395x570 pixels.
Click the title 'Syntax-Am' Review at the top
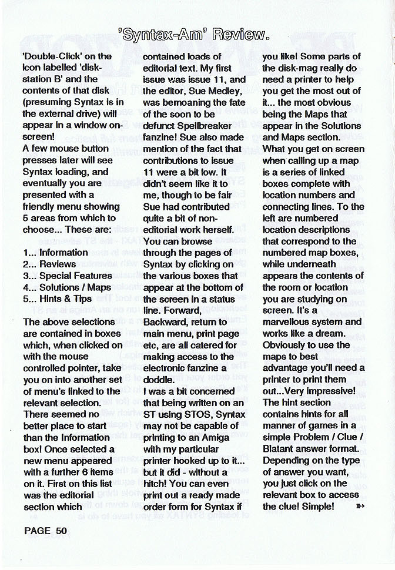(x=197, y=36)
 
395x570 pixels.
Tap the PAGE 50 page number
(x=46, y=531)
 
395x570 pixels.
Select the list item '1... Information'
(x=56, y=253)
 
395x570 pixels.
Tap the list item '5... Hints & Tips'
(x=57, y=299)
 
